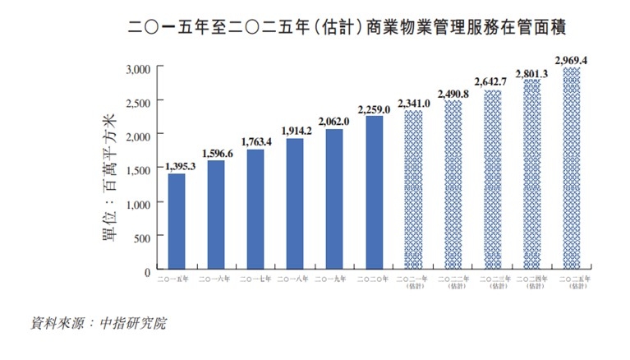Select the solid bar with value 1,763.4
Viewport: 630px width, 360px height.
[x=255, y=210]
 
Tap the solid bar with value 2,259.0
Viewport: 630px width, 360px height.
[x=375, y=193]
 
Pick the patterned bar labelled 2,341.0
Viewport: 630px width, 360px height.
[x=413, y=191]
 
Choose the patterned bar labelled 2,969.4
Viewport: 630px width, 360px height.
[x=572, y=168]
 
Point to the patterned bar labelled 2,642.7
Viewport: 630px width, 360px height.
[x=493, y=180]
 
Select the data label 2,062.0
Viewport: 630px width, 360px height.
[x=335, y=122]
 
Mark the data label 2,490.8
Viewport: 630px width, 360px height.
[x=453, y=94]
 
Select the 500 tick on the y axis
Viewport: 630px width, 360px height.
[x=143, y=237]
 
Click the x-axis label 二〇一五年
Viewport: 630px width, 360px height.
[x=177, y=280]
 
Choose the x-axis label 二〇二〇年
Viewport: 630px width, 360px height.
[x=375, y=280]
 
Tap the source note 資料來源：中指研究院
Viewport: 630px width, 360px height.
[x=97, y=322]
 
